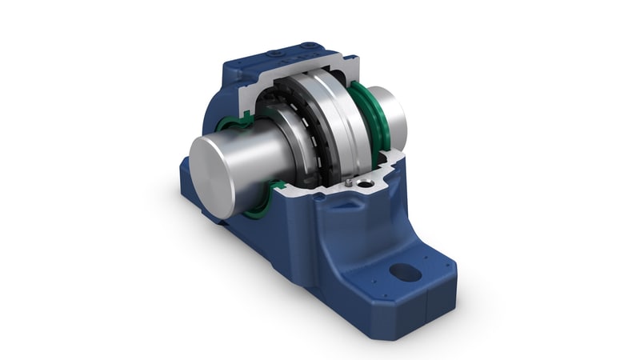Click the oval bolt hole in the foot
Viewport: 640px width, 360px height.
click(x=406, y=273)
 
